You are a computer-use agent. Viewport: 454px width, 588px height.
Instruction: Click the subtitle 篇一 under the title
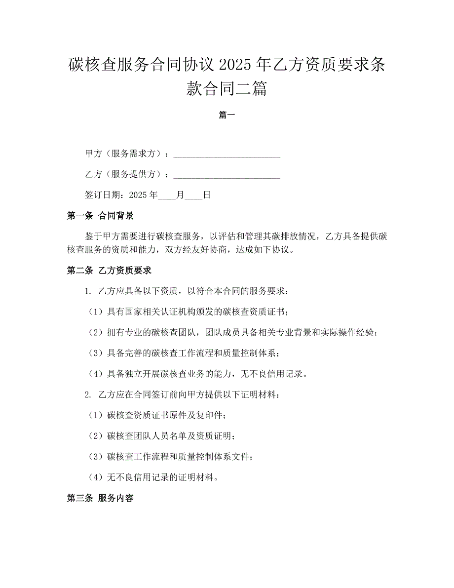pos(227,116)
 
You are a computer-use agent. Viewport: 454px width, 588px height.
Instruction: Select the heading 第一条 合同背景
pos(100,216)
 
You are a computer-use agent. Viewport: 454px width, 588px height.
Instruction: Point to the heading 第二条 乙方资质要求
pos(109,271)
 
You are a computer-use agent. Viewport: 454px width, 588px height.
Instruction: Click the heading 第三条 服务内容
pos(100,499)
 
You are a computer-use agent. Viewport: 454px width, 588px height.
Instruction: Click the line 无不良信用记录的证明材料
pos(162,478)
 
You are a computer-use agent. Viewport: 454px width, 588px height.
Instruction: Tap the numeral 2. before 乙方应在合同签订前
pos(88,395)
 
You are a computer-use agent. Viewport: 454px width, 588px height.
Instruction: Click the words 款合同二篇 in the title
pos(227,89)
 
